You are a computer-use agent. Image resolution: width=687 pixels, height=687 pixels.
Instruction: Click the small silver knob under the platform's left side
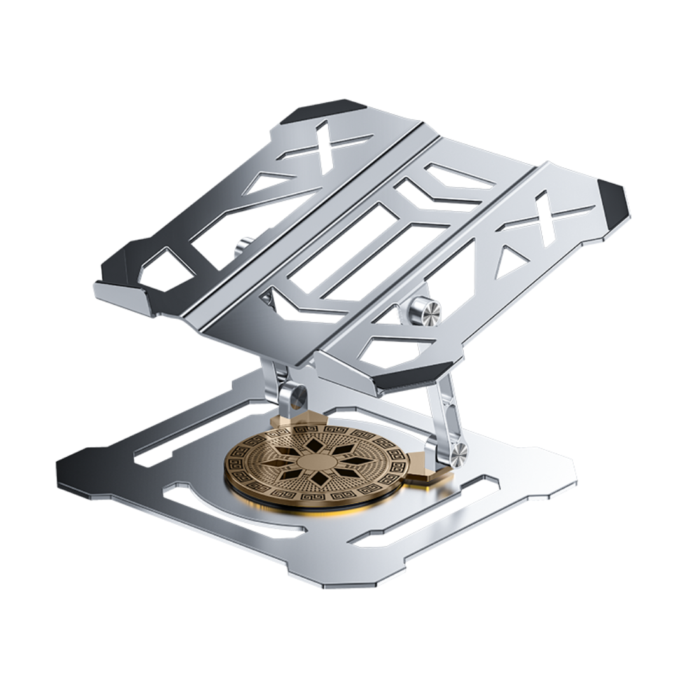pos(244,246)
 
